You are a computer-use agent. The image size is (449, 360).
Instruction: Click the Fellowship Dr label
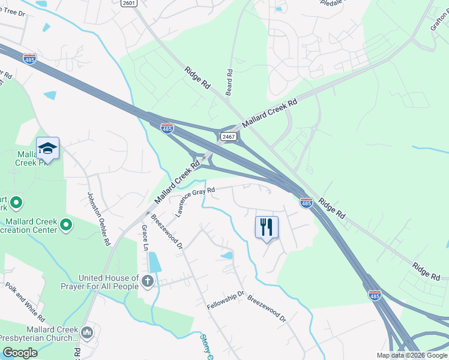(226, 300)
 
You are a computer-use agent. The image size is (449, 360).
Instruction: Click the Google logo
(20, 353)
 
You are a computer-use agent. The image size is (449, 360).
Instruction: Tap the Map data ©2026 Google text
(411, 355)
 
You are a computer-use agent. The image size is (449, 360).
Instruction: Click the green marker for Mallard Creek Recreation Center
(66, 225)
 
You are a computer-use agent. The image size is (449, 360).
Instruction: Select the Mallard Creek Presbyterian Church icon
(86, 332)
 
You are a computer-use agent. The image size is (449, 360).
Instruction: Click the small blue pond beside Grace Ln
(154, 262)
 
